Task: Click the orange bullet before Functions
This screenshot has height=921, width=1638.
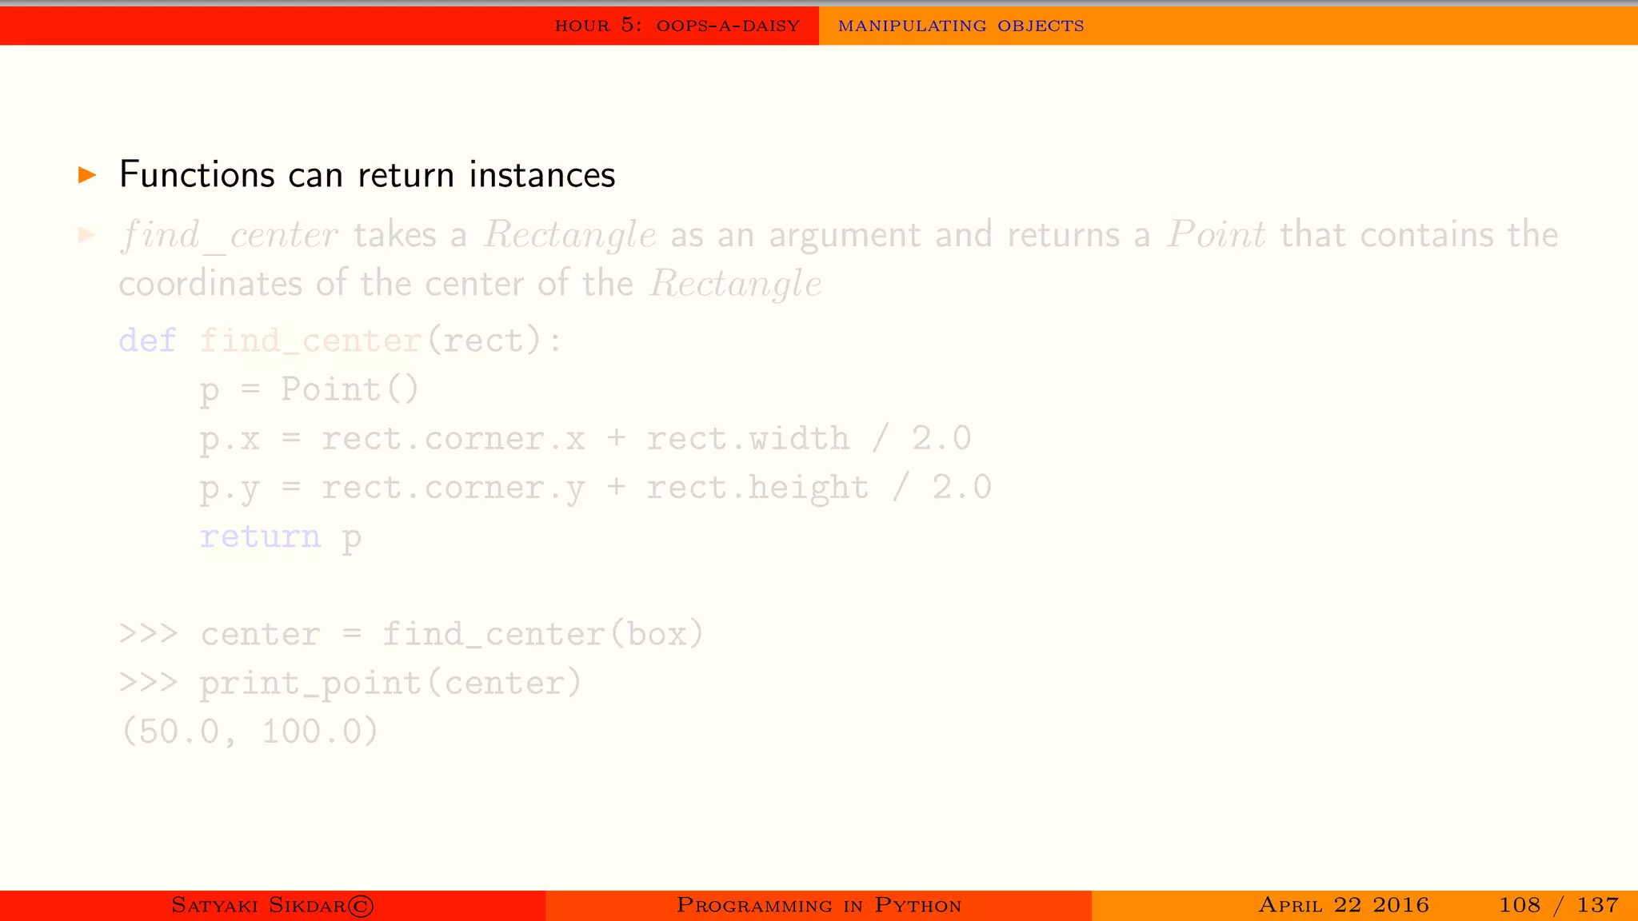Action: [x=87, y=175]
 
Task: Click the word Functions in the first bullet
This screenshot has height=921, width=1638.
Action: [x=197, y=175]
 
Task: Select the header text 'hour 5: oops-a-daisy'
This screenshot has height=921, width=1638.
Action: [x=677, y=26]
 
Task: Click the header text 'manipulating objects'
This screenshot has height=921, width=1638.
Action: [x=961, y=26]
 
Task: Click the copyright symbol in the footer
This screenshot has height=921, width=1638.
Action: [x=362, y=906]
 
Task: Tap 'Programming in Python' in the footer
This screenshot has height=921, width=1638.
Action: [x=818, y=905]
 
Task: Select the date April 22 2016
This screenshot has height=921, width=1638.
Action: [x=1343, y=905]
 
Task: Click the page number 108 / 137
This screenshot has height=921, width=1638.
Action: [x=1558, y=905]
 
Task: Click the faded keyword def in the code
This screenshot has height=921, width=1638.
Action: [x=147, y=341]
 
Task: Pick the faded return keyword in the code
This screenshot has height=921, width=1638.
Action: [x=260, y=536]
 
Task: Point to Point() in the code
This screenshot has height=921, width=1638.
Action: [x=350, y=390]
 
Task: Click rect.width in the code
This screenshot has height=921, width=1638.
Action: [x=748, y=439]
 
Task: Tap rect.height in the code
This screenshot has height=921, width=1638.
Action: [x=757, y=488]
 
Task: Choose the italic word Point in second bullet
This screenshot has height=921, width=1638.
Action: [x=1216, y=235]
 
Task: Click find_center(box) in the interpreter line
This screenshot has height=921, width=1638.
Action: [x=542, y=635]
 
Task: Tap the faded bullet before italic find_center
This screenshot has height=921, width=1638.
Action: [x=87, y=235]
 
